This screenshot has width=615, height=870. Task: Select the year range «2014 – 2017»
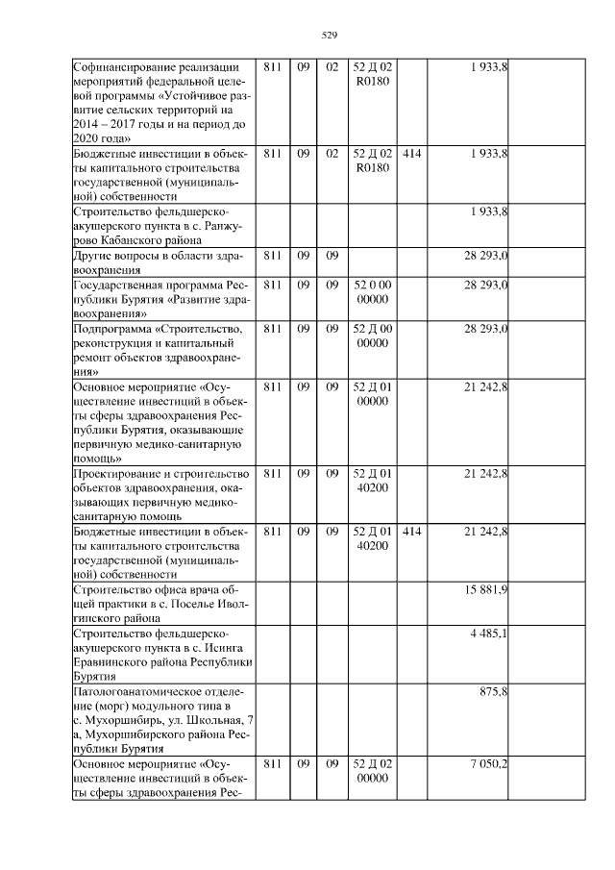click(107, 125)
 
